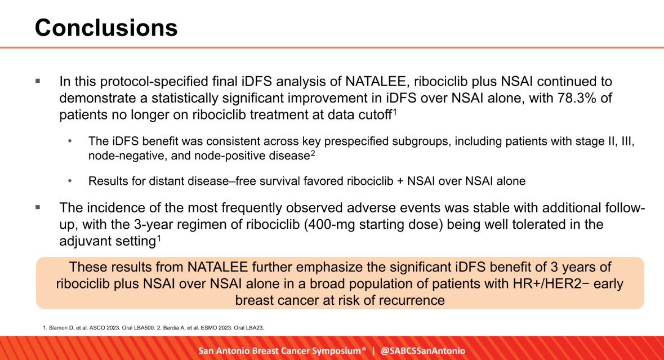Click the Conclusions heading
click(x=106, y=28)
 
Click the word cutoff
click(x=371, y=115)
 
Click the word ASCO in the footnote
click(x=96, y=328)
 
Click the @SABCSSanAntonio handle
click(x=422, y=350)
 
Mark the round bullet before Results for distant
click(x=70, y=181)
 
